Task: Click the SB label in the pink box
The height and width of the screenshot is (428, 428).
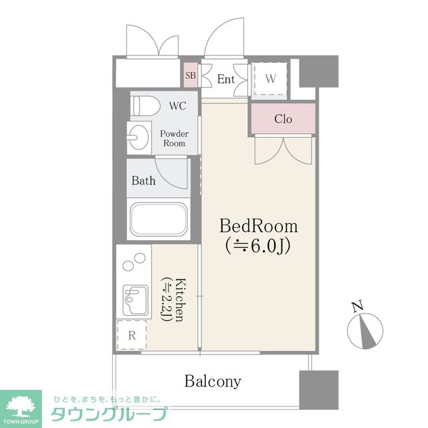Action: coord(191,76)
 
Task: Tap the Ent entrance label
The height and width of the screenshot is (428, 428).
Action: coord(226,79)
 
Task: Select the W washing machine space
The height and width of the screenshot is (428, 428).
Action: coord(270,79)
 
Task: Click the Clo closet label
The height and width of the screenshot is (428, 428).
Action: coord(283,119)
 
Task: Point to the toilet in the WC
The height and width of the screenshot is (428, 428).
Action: coord(145,106)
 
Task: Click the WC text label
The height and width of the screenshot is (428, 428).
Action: coord(178,106)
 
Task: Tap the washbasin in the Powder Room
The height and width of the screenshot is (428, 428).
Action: coord(139,137)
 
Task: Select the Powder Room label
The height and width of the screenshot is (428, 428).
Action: coord(174,138)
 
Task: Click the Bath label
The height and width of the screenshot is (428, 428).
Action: coord(144,181)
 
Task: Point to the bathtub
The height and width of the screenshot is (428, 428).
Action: coord(158,219)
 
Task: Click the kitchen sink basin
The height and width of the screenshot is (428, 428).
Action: coord(136,300)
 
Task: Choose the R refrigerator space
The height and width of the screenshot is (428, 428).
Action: coord(132,335)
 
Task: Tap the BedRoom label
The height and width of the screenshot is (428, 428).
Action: coord(259,227)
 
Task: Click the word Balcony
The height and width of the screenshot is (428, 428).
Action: coord(213,381)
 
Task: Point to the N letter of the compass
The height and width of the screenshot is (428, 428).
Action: coord(357,306)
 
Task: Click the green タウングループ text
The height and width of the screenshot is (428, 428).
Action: coord(108,414)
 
